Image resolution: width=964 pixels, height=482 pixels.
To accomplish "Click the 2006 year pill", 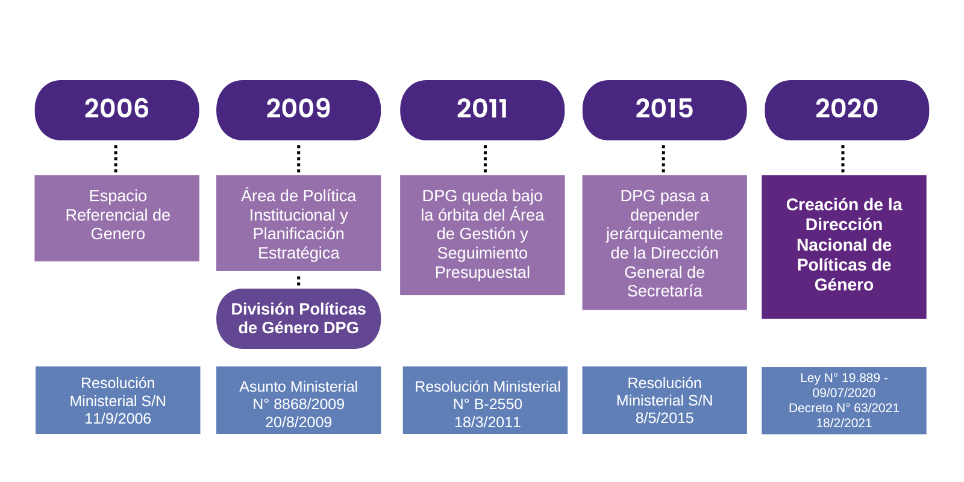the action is tap(117, 110).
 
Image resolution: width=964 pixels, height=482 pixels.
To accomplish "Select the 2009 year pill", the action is tap(298, 110).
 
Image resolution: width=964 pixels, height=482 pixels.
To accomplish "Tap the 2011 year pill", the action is tap(482, 110).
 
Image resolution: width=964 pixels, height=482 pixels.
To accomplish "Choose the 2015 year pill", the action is tap(665, 110).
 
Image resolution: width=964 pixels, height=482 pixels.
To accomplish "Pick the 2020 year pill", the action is tap(847, 110).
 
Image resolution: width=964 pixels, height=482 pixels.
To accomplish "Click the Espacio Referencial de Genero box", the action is tap(117, 218).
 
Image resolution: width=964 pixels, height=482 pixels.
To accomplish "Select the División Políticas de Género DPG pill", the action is tap(298, 319).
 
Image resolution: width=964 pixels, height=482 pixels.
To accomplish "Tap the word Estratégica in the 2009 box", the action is tap(299, 253).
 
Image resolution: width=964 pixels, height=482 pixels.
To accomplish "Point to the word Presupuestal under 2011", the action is tap(483, 272).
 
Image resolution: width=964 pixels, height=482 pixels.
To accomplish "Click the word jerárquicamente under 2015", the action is tap(665, 234).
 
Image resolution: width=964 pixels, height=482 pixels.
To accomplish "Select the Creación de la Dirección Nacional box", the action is tap(844, 246).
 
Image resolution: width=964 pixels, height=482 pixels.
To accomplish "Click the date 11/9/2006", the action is tap(117, 418).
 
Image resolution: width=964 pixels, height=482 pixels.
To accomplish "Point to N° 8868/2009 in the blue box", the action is tap(298, 404).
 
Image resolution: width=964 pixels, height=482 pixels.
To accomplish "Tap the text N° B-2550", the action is tap(487, 404).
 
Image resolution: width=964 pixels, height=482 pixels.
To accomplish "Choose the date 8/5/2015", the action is tap(665, 418).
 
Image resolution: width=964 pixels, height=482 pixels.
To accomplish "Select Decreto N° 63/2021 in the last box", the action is tap(844, 408).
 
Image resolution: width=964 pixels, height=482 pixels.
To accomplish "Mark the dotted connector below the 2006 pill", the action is tap(116, 159).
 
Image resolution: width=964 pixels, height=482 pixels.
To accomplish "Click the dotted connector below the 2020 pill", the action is tap(843, 159).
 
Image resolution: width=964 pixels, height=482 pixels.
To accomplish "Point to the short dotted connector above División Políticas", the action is tap(299, 281).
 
